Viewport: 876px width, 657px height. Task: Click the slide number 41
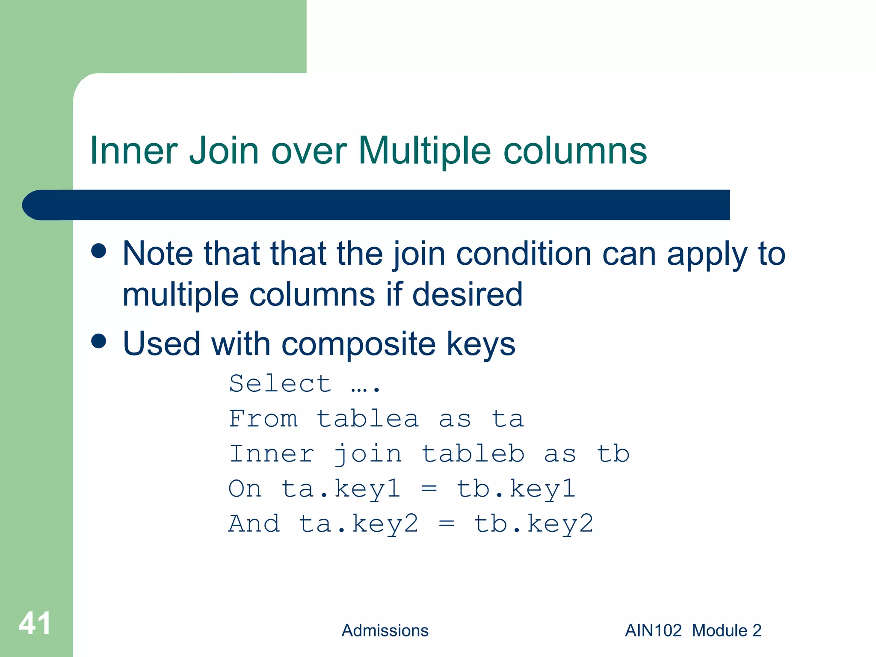tap(35, 624)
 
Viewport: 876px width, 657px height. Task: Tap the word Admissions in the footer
tap(385, 630)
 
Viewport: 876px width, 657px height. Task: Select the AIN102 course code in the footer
tap(653, 630)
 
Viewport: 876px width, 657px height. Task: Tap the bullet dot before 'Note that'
tap(99, 251)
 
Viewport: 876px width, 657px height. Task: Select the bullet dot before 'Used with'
tap(99, 341)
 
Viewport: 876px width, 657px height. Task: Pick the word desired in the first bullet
tap(468, 294)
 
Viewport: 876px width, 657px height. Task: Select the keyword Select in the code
tap(280, 383)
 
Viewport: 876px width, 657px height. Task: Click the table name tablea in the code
tap(367, 418)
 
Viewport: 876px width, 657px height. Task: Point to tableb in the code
tap(473, 453)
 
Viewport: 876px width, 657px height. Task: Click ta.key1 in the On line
tap(341, 488)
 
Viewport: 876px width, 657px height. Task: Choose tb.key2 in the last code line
tap(534, 524)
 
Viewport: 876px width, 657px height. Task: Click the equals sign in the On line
tap(429, 488)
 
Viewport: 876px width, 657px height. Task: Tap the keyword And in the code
tap(254, 524)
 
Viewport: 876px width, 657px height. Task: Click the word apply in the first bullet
tap(707, 254)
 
